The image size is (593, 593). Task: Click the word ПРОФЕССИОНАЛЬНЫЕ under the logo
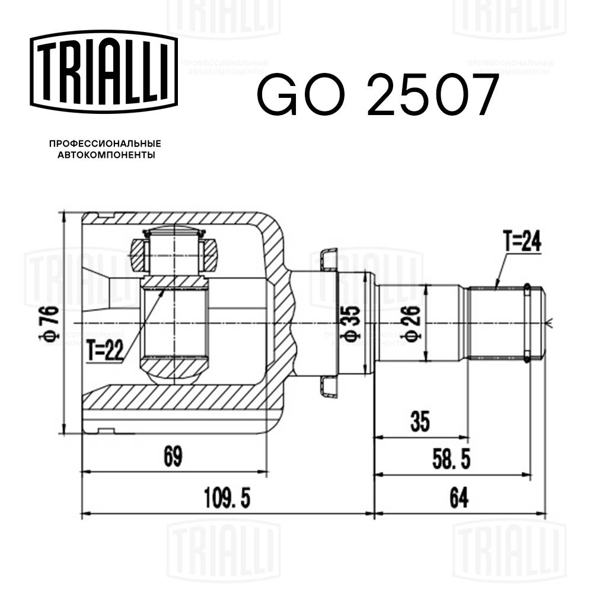(105, 144)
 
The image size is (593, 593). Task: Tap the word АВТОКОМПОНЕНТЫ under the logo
(105, 155)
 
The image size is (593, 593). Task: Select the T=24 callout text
(522, 243)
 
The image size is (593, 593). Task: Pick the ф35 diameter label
(352, 323)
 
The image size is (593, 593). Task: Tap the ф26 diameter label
(415, 323)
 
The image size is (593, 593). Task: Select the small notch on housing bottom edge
(106, 430)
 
